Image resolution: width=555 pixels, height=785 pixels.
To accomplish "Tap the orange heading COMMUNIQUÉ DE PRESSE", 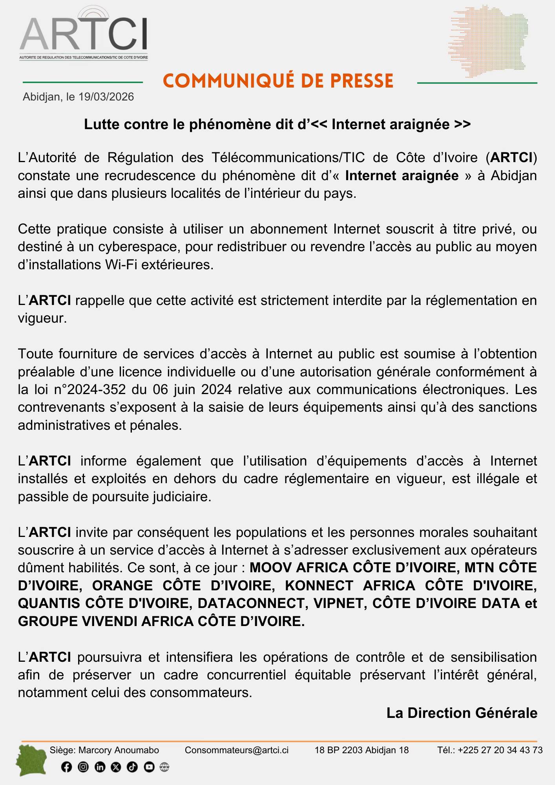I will tap(278, 81).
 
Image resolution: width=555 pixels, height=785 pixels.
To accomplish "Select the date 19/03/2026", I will tap(106, 97).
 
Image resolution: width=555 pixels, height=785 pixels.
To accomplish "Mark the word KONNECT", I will tap(319, 586).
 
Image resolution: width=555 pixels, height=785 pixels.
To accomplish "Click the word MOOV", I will tap(271, 568).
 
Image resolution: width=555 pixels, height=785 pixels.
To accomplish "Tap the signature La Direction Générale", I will tap(462, 713).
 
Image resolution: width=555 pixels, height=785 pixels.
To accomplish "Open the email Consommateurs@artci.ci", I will tap(236, 750).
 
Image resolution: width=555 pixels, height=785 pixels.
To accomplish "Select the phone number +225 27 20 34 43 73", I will tap(500, 750).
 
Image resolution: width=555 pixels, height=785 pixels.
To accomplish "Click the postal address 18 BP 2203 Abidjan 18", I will tap(361, 750).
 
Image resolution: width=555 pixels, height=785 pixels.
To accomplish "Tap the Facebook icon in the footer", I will tap(67, 767).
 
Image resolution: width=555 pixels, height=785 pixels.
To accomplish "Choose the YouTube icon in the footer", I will tap(149, 767).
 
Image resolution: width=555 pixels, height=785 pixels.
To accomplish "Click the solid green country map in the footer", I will tap(31, 760).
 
